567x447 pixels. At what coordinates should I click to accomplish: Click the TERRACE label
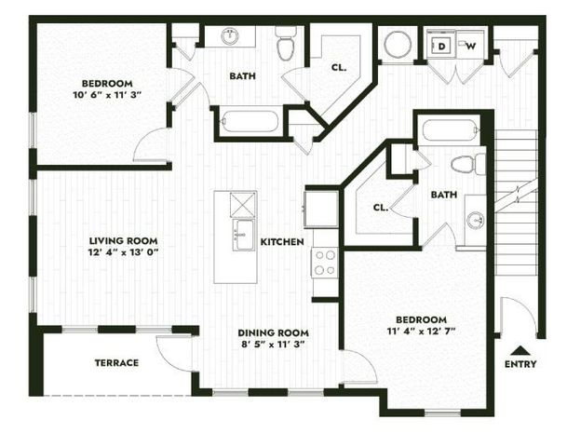click(115, 362)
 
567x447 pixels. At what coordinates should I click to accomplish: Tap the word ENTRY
click(520, 364)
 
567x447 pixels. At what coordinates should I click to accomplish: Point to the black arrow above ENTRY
click(520, 349)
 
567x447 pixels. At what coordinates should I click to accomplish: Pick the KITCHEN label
click(281, 242)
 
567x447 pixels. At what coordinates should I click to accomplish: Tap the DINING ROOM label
click(273, 332)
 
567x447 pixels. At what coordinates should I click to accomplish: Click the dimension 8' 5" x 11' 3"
click(273, 345)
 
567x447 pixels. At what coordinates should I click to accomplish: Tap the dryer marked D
click(443, 45)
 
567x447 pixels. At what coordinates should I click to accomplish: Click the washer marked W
click(470, 45)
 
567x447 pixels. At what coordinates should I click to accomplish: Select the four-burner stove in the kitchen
click(325, 264)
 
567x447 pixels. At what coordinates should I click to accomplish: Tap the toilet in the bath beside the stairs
click(467, 165)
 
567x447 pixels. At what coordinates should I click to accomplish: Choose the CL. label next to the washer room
click(340, 67)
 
